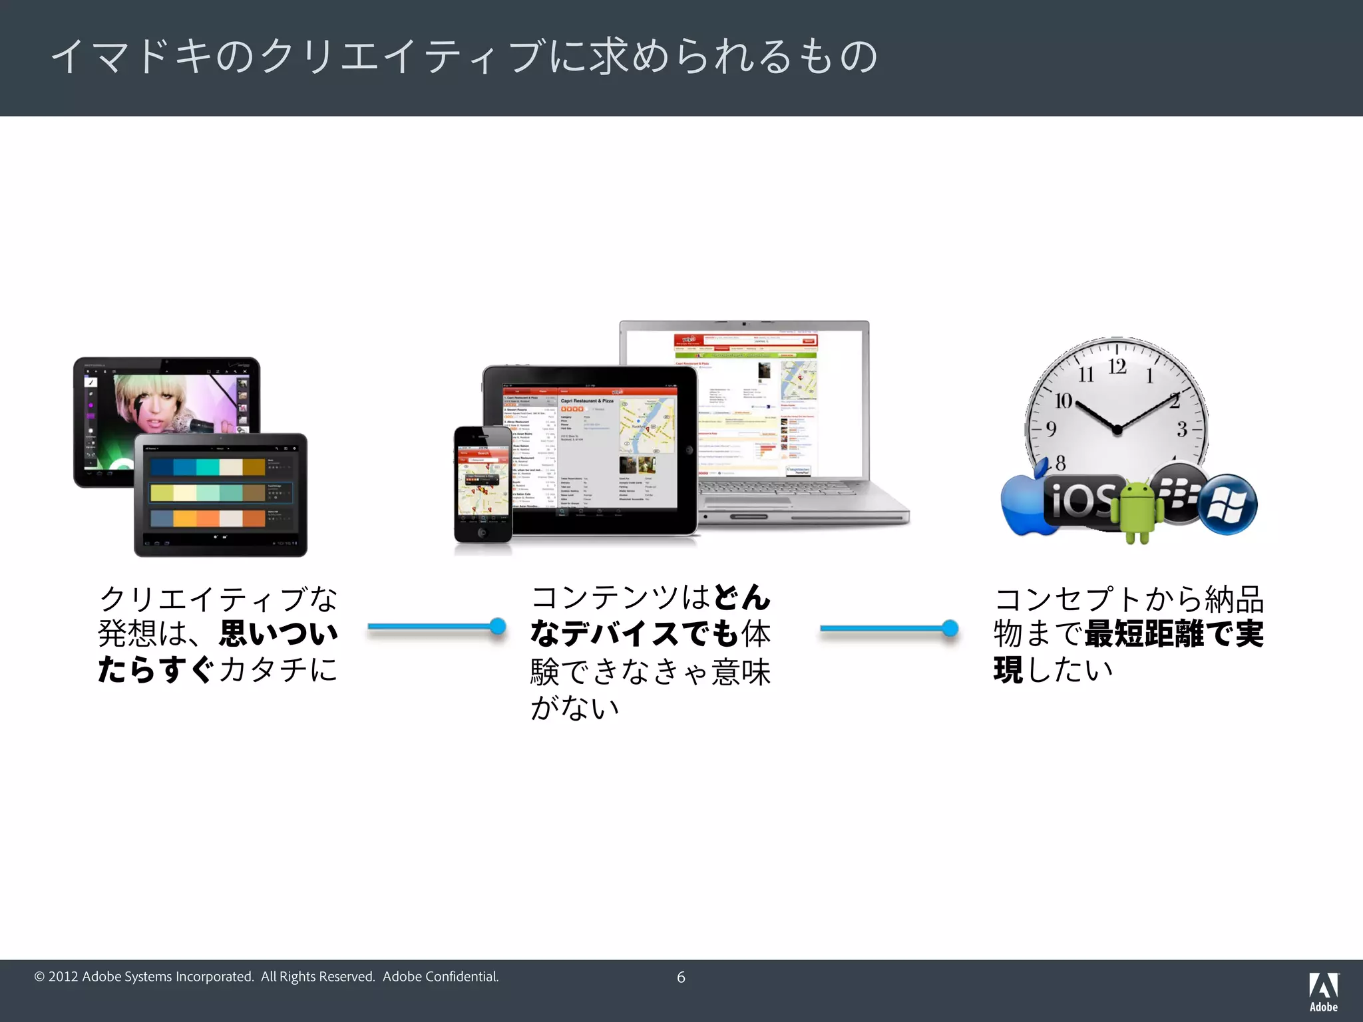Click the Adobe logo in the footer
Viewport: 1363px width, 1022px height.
(x=1323, y=991)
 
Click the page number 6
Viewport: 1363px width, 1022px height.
(x=681, y=977)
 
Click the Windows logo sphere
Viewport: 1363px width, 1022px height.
(x=1228, y=504)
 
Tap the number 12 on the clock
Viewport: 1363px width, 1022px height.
(x=1117, y=367)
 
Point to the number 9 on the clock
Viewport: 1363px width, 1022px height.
(x=1052, y=429)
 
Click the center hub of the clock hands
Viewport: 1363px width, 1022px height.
(x=1117, y=430)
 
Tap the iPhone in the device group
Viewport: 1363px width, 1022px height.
(x=483, y=484)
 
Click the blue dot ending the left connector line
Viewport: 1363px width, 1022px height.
(x=497, y=626)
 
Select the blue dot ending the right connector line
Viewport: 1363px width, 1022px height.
(x=950, y=627)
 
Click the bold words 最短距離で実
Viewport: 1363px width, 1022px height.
(x=1174, y=633)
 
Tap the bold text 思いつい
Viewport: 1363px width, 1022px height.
(x=279, y=633)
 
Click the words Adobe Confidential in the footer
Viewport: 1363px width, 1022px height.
(x=440, y=977)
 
